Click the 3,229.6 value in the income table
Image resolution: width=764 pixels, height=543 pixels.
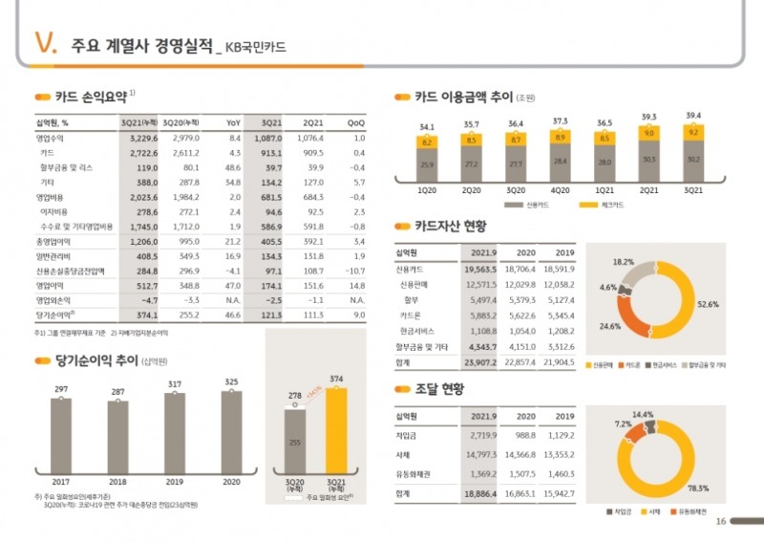138,139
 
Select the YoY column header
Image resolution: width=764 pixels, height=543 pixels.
232,122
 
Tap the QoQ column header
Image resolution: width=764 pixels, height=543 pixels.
355,122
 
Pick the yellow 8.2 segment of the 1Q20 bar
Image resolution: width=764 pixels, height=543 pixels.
426,141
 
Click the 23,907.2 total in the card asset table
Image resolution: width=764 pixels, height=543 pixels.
479,363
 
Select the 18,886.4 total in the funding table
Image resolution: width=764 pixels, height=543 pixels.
479,493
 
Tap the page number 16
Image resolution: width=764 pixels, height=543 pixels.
721,520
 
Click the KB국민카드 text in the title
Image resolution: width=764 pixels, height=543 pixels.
254,46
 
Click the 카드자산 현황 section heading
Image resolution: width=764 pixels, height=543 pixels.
450,227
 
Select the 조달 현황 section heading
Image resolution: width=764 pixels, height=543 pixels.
439,390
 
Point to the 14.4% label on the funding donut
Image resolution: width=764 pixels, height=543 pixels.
643,415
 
